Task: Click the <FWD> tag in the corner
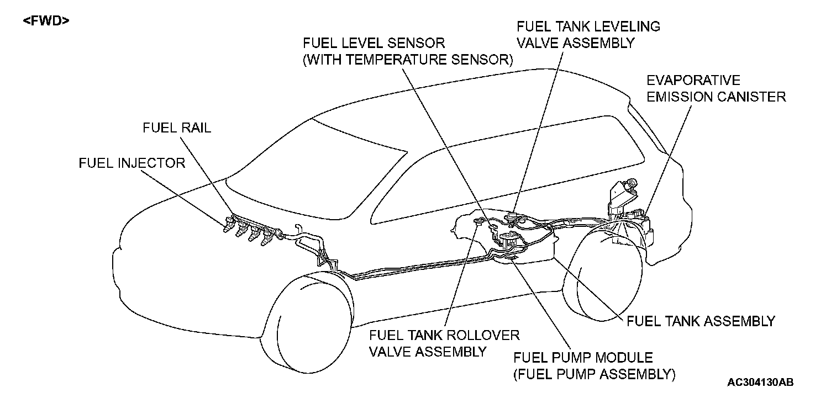[x=46, y=22]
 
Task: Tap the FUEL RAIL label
[x=177, y=128]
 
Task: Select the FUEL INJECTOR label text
[x=132, y=163]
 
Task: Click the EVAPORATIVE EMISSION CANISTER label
[x=716, y=89]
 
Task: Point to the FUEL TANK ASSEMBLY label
[x=701, y=321]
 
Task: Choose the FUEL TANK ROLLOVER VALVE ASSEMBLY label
[x=444, y=343]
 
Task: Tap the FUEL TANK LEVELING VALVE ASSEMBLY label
[x=588, y=34]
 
